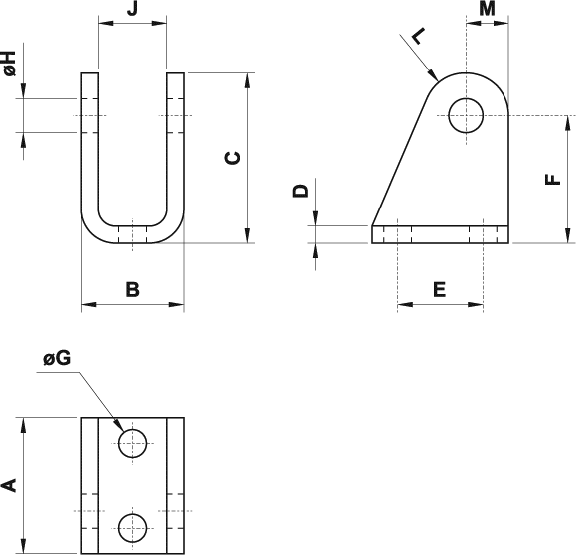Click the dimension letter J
(132, 9)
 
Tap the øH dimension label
(10, 64)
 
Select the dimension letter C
(233, 158)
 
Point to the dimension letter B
(133, 289)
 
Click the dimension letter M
(487, 9)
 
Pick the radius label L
(418, 36)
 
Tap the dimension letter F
(552, 179)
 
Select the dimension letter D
(301, 191)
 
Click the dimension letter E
(439, 289)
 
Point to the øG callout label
(57, 358)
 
